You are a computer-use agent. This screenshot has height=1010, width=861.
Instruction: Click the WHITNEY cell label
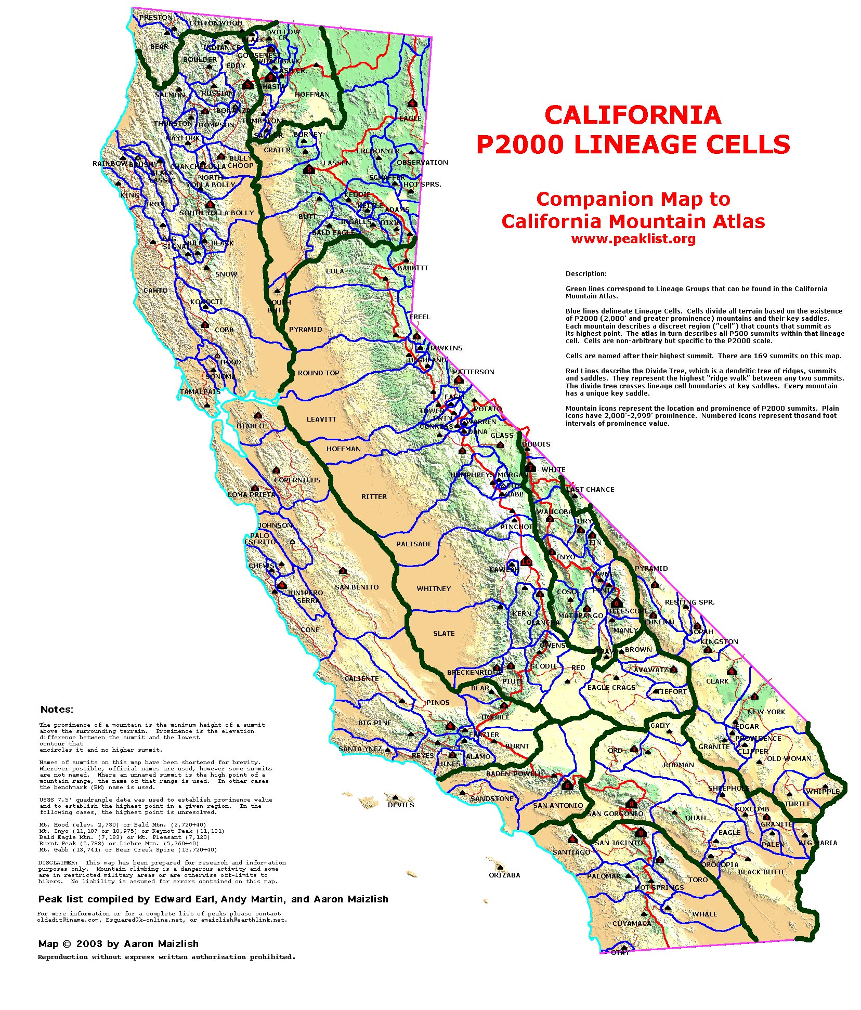(x=434, y=588)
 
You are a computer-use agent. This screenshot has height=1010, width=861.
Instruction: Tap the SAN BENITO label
(x=357, y=587)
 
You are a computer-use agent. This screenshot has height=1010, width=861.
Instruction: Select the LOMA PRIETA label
(x=252, y=494)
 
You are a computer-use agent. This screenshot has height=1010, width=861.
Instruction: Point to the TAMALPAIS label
(x=200, y=392)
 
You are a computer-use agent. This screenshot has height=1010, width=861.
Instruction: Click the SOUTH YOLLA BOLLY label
(x=216, y=213)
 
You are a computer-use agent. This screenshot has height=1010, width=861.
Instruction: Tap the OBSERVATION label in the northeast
(x=422, y=162)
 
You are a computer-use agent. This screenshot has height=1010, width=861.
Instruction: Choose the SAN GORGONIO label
(x=615, y=814)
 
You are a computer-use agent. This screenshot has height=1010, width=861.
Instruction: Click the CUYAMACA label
(x=632, y=923)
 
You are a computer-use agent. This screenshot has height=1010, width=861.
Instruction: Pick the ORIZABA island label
(x=504, y=875)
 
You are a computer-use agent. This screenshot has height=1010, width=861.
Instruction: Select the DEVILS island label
(x=401, y=805)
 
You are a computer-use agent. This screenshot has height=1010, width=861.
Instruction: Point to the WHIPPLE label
(x=823, y=791)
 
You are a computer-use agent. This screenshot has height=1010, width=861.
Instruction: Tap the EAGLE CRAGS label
(x=611, y=687)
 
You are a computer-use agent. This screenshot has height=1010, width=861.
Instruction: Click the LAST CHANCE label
(x=590, y=489)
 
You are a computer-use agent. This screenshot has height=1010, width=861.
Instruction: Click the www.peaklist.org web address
(x=633, y=239)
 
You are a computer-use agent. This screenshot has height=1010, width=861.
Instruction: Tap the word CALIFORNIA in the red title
(x=633, y=115)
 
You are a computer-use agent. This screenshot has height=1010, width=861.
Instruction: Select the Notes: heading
(x=57, y=710)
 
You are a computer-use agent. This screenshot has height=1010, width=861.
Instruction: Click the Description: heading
(x=586, y=273)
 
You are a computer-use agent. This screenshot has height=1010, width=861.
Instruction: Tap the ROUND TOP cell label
(x=318, y=373)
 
